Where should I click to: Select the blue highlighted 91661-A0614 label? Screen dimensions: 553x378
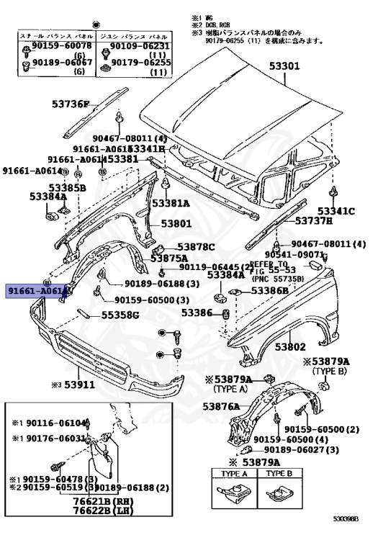click(x=37, y=291)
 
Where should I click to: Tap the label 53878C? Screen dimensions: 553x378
click(x=196, y=247)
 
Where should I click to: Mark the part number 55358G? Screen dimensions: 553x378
click(x=120, y=315)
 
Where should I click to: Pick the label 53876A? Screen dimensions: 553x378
click(x=220, y=407)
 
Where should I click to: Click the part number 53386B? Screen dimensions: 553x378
click(x=269, y=291)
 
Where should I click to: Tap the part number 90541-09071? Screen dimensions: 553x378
click(x=296, y=255)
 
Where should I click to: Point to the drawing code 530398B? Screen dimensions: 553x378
click(x=348, y=538)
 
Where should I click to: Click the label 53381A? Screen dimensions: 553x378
click(x=171, y=203)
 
